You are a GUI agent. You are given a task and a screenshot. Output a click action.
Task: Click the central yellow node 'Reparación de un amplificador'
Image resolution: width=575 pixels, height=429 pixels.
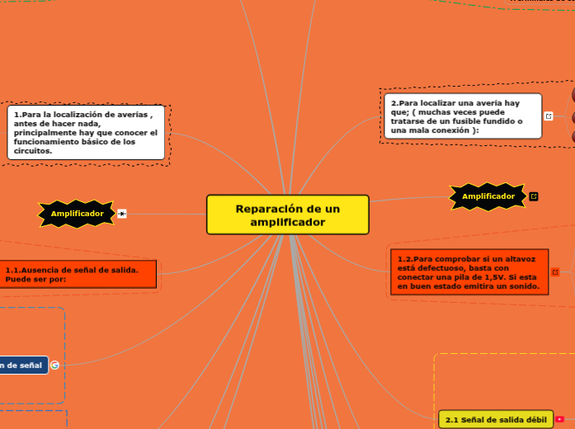[287, 214]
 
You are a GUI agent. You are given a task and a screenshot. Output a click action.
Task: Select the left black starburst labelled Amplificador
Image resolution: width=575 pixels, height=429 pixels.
[78, 214]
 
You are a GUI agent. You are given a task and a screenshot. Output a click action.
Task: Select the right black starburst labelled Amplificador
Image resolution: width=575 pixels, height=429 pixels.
[488, 196]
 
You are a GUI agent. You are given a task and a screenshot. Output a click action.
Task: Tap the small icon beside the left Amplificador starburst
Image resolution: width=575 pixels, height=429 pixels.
[122, 214]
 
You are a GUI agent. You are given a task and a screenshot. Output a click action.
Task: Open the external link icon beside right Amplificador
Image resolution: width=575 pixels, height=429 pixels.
[534, 196]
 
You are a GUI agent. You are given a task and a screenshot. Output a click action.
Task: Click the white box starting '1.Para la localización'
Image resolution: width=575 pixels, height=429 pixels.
[86, 132]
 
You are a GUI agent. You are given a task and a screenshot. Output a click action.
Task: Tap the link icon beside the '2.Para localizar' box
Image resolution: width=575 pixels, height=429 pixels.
[549, 116]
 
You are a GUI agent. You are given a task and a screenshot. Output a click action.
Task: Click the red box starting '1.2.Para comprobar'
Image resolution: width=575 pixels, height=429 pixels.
[469, 272]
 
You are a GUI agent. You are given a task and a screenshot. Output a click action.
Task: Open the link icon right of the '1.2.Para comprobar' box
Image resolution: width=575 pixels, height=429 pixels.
[555, 272]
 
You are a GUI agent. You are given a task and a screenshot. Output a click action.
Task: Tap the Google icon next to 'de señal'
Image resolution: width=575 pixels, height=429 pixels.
[54, 365]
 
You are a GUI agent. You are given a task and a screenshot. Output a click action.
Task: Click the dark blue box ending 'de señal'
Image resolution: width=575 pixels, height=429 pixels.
[23, 365]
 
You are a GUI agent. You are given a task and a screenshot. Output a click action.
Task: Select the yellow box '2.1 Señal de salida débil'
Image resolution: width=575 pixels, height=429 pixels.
[496, 420]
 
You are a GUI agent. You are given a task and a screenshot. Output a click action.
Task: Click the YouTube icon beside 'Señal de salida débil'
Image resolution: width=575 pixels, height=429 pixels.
[560, 420]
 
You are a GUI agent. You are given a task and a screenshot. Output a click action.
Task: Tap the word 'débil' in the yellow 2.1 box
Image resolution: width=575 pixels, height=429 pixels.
[534, 420]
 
